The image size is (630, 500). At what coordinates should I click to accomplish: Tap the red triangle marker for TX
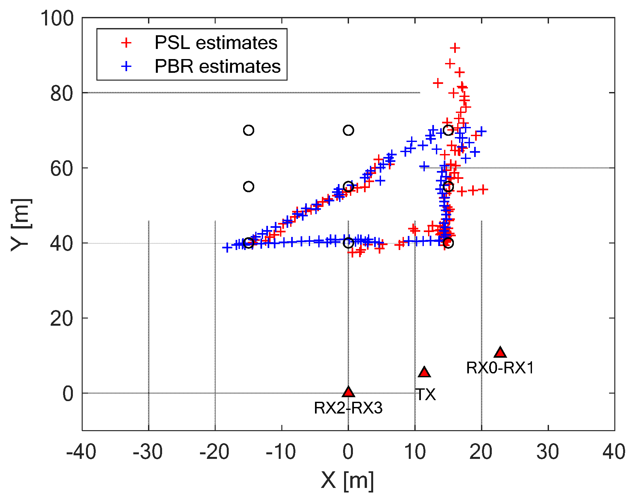click(424, 372)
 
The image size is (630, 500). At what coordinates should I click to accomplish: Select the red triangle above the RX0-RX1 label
click(500, 352)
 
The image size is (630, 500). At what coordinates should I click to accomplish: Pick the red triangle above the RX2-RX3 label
click(348, 392)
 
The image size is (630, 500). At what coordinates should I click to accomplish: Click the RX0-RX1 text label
click(500, 368)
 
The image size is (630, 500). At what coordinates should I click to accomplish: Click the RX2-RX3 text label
click(348, 408)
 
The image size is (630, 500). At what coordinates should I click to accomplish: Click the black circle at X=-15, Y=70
click(249, 130)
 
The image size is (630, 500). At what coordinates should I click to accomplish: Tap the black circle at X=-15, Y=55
click(249, 187)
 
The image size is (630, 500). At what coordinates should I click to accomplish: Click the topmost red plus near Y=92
click(455, 48)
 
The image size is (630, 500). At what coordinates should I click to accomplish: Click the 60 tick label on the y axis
click(61, 169)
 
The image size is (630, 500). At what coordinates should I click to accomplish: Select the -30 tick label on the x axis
click(148, 452)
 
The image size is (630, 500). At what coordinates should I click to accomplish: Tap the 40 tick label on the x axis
click(614, 452)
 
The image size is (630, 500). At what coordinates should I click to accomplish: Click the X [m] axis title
click(347, 481)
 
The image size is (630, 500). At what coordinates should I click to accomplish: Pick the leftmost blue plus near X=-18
click(227, 247)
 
